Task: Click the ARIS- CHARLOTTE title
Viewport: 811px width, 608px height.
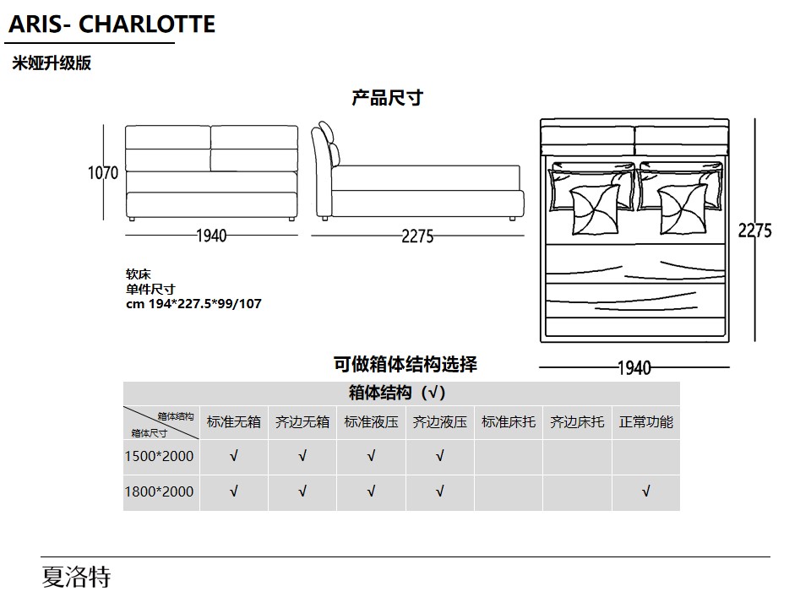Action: (x=112, y=24)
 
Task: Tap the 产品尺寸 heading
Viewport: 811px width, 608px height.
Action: (x=388, y=98)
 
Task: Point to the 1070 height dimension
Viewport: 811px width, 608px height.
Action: (x=103, y=172)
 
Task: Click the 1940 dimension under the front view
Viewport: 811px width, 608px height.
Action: (x=211, y=236)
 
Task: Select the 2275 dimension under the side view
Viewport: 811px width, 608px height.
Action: (x=417, y=236)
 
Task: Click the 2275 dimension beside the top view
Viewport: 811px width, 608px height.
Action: (x=754, y=230)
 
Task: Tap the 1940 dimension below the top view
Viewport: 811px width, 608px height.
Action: (x=634, y=368)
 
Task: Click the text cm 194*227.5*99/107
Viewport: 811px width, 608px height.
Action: (x=194, y=303)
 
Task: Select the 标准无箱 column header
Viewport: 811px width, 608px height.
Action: (x=234, y=422)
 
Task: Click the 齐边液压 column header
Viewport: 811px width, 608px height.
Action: (x=439, y=422)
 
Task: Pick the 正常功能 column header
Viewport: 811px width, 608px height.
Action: (x=646, y=422)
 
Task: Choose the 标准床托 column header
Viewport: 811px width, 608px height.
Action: (x=509, y=422)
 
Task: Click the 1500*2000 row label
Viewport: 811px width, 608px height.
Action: (x=160, y=456)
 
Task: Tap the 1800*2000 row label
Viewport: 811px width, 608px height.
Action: (x=160, y=491)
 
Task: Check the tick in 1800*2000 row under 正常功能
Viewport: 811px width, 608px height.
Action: (x=646, y=491)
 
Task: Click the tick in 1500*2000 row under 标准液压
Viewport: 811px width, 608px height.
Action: (x=371, y=456)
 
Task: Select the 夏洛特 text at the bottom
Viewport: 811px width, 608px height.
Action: (x=76, y=577)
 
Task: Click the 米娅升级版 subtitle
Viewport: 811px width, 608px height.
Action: (x=52, y=63)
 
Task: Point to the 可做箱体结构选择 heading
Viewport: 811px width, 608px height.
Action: (x=405, y=364)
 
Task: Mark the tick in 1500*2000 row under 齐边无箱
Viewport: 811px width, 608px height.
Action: (x=302, y=456)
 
